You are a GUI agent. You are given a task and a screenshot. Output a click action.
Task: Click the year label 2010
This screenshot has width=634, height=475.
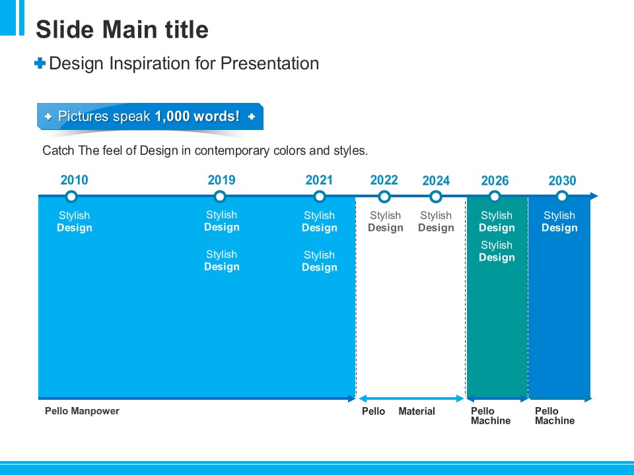(74, 180)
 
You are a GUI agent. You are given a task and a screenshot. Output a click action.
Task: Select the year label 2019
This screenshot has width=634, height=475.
(221, 180)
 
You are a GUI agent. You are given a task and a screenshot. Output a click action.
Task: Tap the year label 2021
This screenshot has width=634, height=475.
(319, 180)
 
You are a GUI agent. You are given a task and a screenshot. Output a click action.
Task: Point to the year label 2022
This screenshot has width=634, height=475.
(384, 180)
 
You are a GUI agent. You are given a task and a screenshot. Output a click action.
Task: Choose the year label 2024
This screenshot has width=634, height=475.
(436, 181)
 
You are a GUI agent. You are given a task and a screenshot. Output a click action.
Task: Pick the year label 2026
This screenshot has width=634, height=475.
(495, 181)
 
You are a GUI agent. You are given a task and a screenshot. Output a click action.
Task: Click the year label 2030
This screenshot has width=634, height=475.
(562, 181)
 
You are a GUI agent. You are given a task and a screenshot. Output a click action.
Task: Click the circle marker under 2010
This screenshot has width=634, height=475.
(72, 197)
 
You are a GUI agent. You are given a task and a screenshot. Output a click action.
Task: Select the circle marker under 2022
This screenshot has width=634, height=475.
(384, 197)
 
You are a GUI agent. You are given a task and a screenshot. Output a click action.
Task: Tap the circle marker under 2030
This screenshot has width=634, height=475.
(562, 197)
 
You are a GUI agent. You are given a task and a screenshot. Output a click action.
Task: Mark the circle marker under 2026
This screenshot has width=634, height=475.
(495, 197)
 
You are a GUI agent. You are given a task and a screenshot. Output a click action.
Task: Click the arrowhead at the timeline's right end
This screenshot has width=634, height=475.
(594, 196)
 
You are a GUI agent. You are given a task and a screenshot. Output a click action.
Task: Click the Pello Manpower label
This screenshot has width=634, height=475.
(82, 411)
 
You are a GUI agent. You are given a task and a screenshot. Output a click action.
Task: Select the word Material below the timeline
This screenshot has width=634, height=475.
(417, 412)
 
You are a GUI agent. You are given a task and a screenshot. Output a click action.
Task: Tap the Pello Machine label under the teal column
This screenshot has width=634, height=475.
(490, 416)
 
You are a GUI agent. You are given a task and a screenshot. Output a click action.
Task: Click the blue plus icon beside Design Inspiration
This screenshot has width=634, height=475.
(40, 63)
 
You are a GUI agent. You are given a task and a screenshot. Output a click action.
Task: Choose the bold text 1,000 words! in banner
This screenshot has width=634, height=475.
(197, 117)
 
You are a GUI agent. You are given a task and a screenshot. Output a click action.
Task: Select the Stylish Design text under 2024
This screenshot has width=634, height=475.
(436, 222)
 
